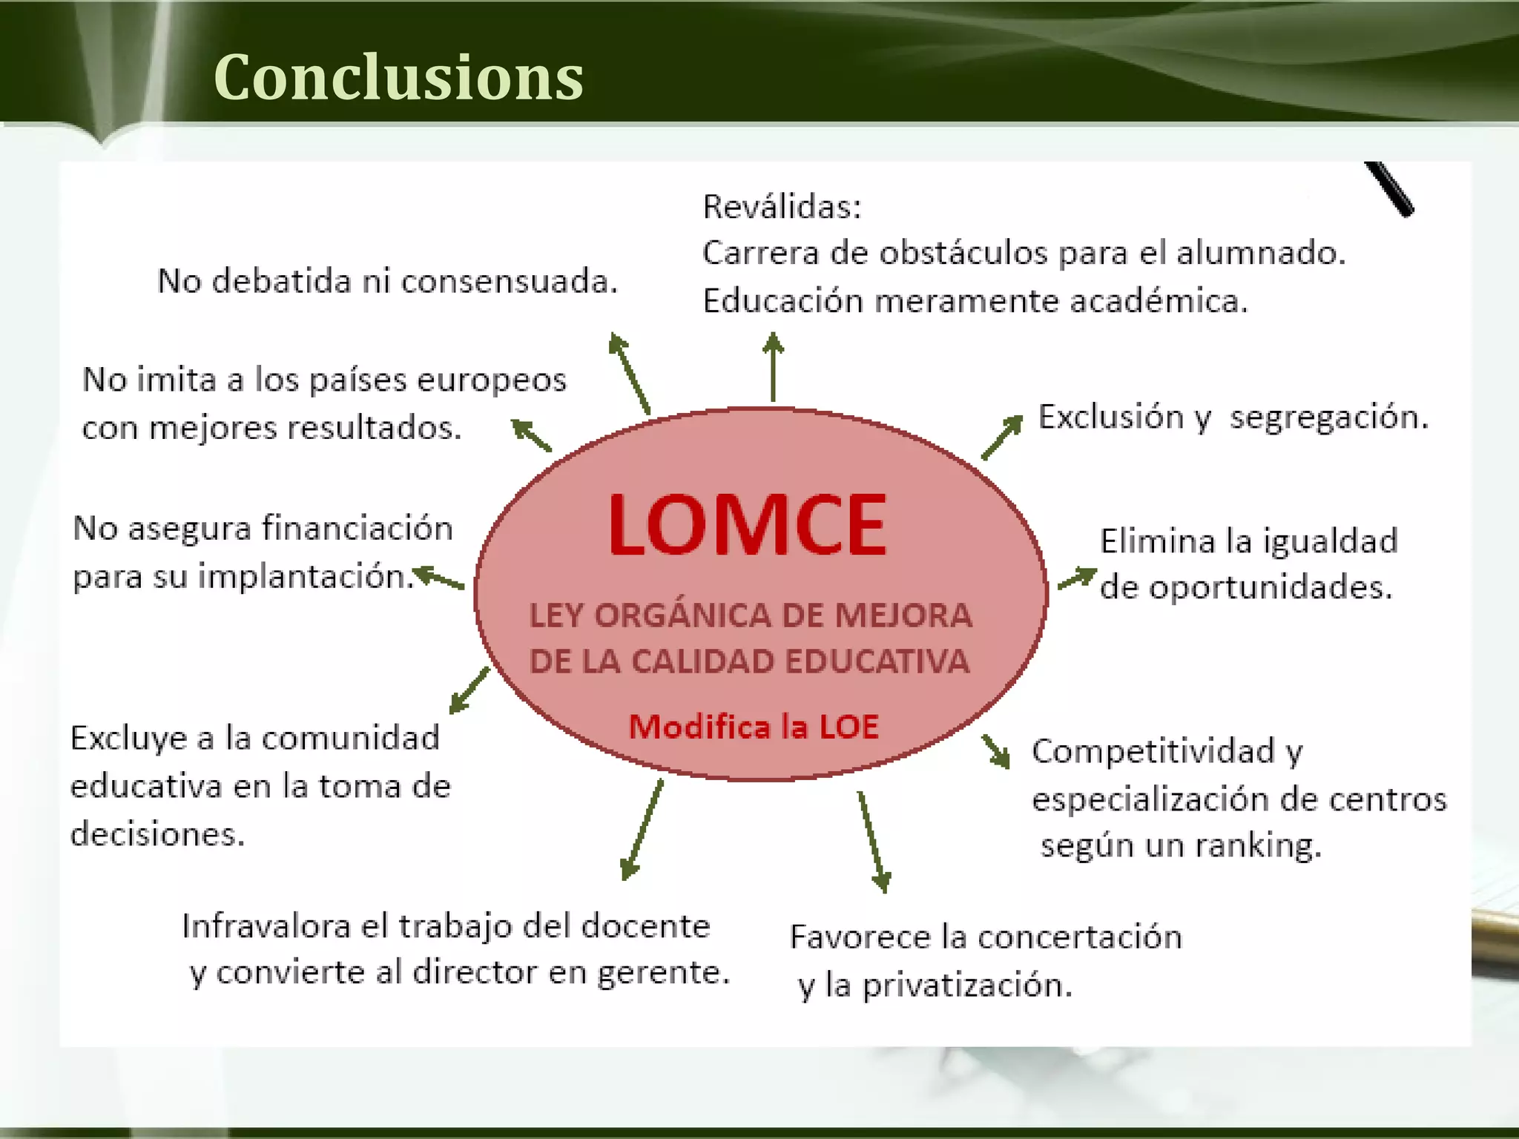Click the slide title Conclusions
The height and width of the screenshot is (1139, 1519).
[x=398, y=77]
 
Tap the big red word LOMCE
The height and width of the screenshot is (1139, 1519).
[x=746, y=526]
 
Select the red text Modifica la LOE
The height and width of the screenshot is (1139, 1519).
[x=754, y=727]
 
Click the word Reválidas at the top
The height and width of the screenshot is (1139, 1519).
[x=781, y=207]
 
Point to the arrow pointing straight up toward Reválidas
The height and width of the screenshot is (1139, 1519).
[x=774, y=367]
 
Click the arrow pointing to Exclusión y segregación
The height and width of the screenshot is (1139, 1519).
[x=1002, y=438]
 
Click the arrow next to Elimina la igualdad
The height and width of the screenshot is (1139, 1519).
[x=1077, y=578]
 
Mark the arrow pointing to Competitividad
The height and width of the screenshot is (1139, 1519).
[x=996, y=751]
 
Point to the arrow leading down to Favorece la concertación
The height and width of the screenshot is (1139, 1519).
[x=873, y=842]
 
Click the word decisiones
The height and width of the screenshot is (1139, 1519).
[x=157, y=835]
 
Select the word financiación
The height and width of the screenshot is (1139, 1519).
[x=357, y=529]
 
